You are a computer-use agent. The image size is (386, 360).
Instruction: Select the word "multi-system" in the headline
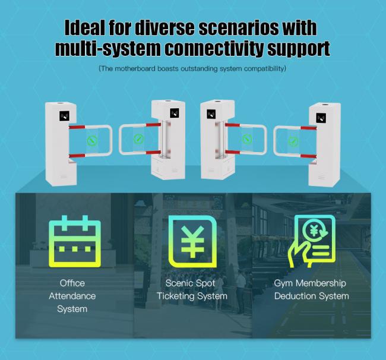[108, 49]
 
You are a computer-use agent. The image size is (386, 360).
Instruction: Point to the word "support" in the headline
[299, 49]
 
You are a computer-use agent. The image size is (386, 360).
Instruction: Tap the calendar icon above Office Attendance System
[75, 241]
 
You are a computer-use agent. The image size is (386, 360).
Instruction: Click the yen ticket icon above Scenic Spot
[192, 241]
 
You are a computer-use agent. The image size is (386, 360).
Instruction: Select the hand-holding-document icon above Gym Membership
[312, 241]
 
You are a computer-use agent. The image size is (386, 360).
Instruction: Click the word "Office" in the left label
[72, 283]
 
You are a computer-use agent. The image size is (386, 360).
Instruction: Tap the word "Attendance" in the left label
[72, 296]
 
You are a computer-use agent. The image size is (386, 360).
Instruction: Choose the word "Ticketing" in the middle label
[175, 296]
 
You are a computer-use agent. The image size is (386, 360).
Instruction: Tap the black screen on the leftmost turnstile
[64, 116]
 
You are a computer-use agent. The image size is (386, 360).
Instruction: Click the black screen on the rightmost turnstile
[321, 118]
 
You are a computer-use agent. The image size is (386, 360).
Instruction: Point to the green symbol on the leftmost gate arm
[92, 141]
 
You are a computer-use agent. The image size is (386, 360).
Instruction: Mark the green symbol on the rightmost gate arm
[293, 141]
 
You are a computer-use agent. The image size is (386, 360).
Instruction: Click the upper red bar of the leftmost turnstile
[77, 127]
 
